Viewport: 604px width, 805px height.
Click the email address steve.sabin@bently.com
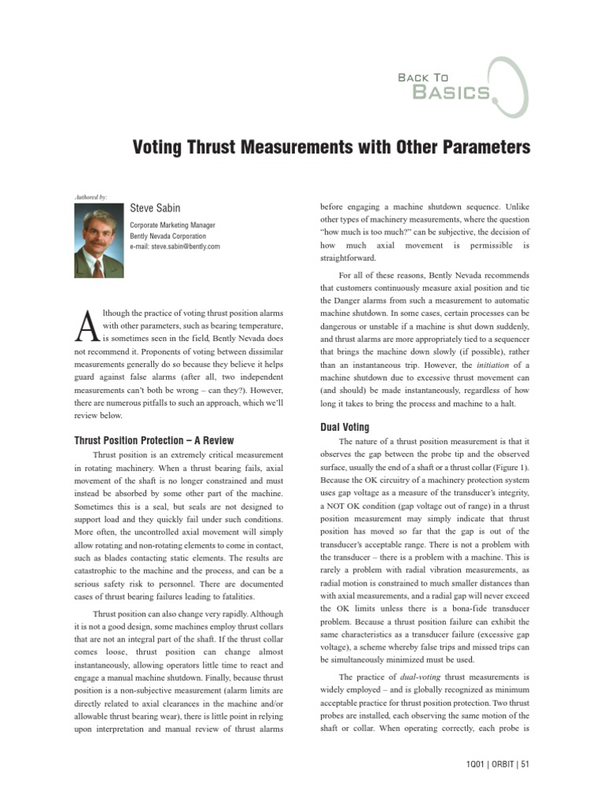click(175, 246)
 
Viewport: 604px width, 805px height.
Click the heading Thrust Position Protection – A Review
click(154, 440)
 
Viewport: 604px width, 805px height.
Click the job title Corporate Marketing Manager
click(172, 225)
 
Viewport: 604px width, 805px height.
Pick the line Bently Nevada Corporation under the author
click(168, 236)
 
